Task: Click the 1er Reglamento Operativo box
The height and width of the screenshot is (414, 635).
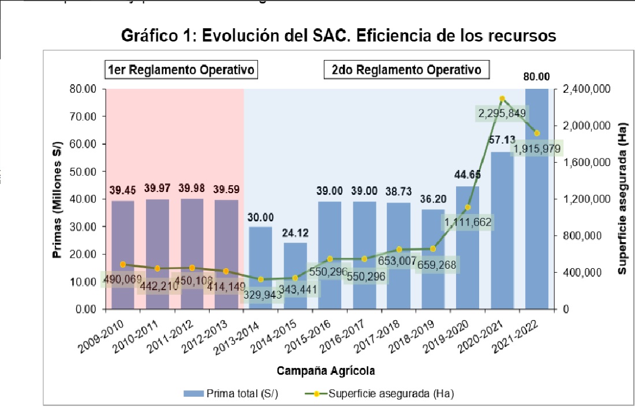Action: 181,70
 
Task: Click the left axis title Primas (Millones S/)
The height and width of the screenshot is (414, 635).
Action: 59,199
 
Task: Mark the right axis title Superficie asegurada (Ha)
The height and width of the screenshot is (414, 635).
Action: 623,199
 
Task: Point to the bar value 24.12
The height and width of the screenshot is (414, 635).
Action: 295,235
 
